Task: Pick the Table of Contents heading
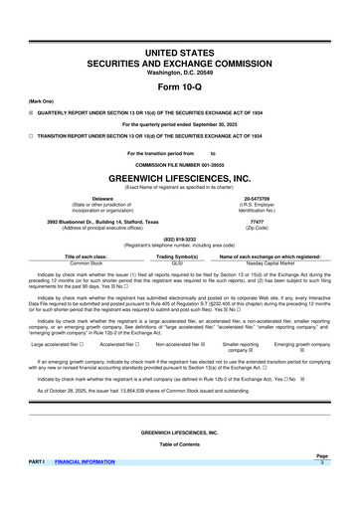[x=179, y=471]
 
